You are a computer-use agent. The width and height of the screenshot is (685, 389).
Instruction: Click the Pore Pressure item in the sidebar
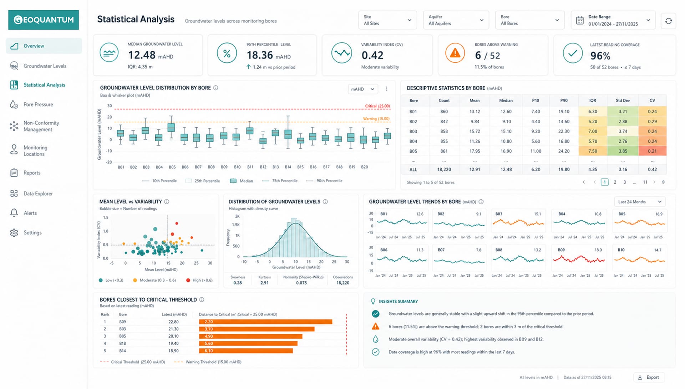(x=38, y=104)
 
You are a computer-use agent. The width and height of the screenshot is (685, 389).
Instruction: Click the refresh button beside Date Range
(x=668, y=21)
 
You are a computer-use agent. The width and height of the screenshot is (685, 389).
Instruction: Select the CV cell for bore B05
(x=652, y=151)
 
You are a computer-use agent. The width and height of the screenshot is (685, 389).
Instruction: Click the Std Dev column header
(x=623, y=101)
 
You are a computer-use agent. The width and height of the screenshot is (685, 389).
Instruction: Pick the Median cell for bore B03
(x=506, y=131)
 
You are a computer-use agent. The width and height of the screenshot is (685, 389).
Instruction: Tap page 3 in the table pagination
(x=625, y=182)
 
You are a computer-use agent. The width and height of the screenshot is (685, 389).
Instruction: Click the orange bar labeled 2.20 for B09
(x=265, y=322)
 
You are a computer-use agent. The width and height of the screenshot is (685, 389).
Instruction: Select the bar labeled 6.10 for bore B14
(x=246, y=351)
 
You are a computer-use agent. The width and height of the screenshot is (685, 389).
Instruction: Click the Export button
(x=649, y=377)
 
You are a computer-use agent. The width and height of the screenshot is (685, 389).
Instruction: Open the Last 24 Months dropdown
(x=639, y=202)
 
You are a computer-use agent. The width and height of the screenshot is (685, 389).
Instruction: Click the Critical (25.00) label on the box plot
(x=377, y=106)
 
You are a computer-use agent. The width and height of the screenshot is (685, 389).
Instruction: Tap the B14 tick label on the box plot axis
(x=288, y=167)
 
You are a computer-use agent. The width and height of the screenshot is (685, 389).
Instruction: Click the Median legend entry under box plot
(x=242, y=181)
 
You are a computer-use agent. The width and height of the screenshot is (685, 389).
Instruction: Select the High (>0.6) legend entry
(x=199, y=280)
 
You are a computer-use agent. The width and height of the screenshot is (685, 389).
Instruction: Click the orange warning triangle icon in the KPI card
(x=455, y=53)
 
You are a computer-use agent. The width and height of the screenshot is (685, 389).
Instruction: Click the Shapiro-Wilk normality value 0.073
(x=301, y=283)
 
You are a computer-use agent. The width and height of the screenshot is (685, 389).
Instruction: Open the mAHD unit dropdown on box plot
(x=362, y=89)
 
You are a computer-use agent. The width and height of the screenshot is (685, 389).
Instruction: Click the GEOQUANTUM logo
(x=44, y=20)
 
